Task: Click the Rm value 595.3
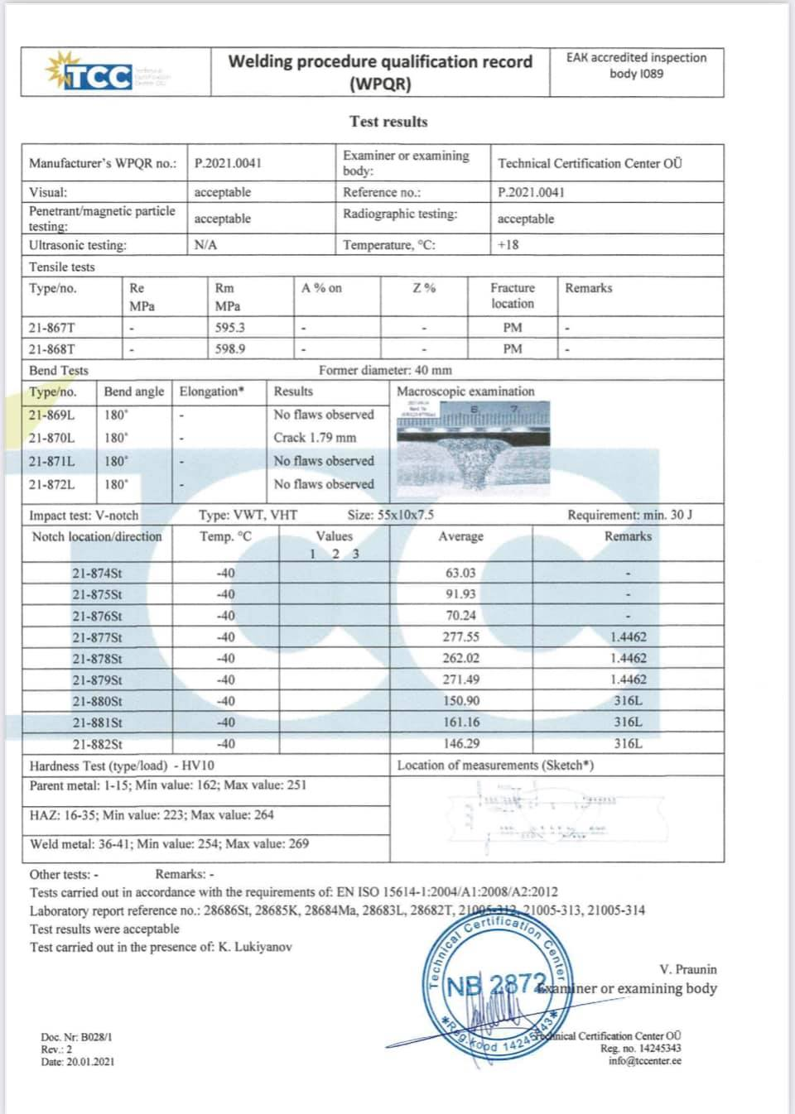pos(229,328)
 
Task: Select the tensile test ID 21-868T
pos(51,349)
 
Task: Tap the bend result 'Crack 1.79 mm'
pos(315,438)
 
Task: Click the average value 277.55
pos(461,637)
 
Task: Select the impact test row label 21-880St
pos(97,701)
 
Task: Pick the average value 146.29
pos(461,744)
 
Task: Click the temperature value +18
pos(508,245)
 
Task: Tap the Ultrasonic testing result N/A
pos(205,245)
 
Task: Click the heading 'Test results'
pos(388,122)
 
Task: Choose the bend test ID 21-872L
pos(51,484)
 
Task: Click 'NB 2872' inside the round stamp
pos(495,985)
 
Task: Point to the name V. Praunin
pos(687,969)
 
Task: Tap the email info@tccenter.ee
pos(644,1061)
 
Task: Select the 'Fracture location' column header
pos(513,295)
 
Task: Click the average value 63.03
pos(461,573)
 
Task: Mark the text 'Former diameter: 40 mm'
pos(385,371)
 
